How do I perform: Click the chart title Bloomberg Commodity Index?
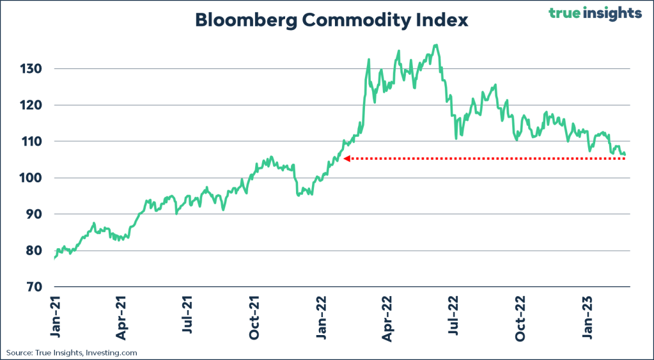331,20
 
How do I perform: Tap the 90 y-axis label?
33,214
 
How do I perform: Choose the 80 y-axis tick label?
33,251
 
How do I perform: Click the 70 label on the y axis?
33,287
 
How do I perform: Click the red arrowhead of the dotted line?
346,159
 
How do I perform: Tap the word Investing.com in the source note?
114,352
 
